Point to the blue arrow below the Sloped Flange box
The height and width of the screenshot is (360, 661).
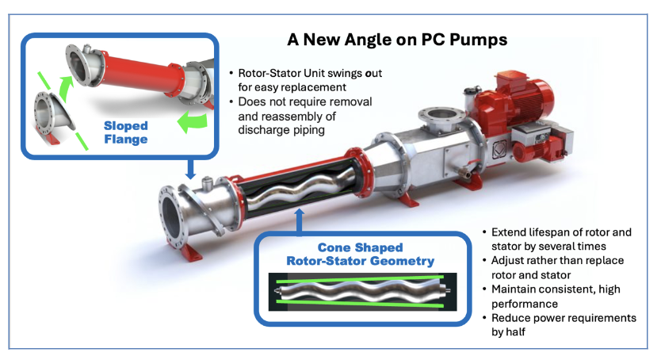tap(190, 169)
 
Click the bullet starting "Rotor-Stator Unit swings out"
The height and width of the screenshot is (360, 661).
tap(301, 78)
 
